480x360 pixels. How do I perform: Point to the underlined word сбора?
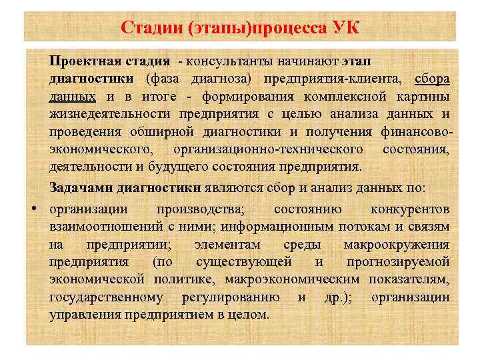pyautogui.click(x=432, y=79)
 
